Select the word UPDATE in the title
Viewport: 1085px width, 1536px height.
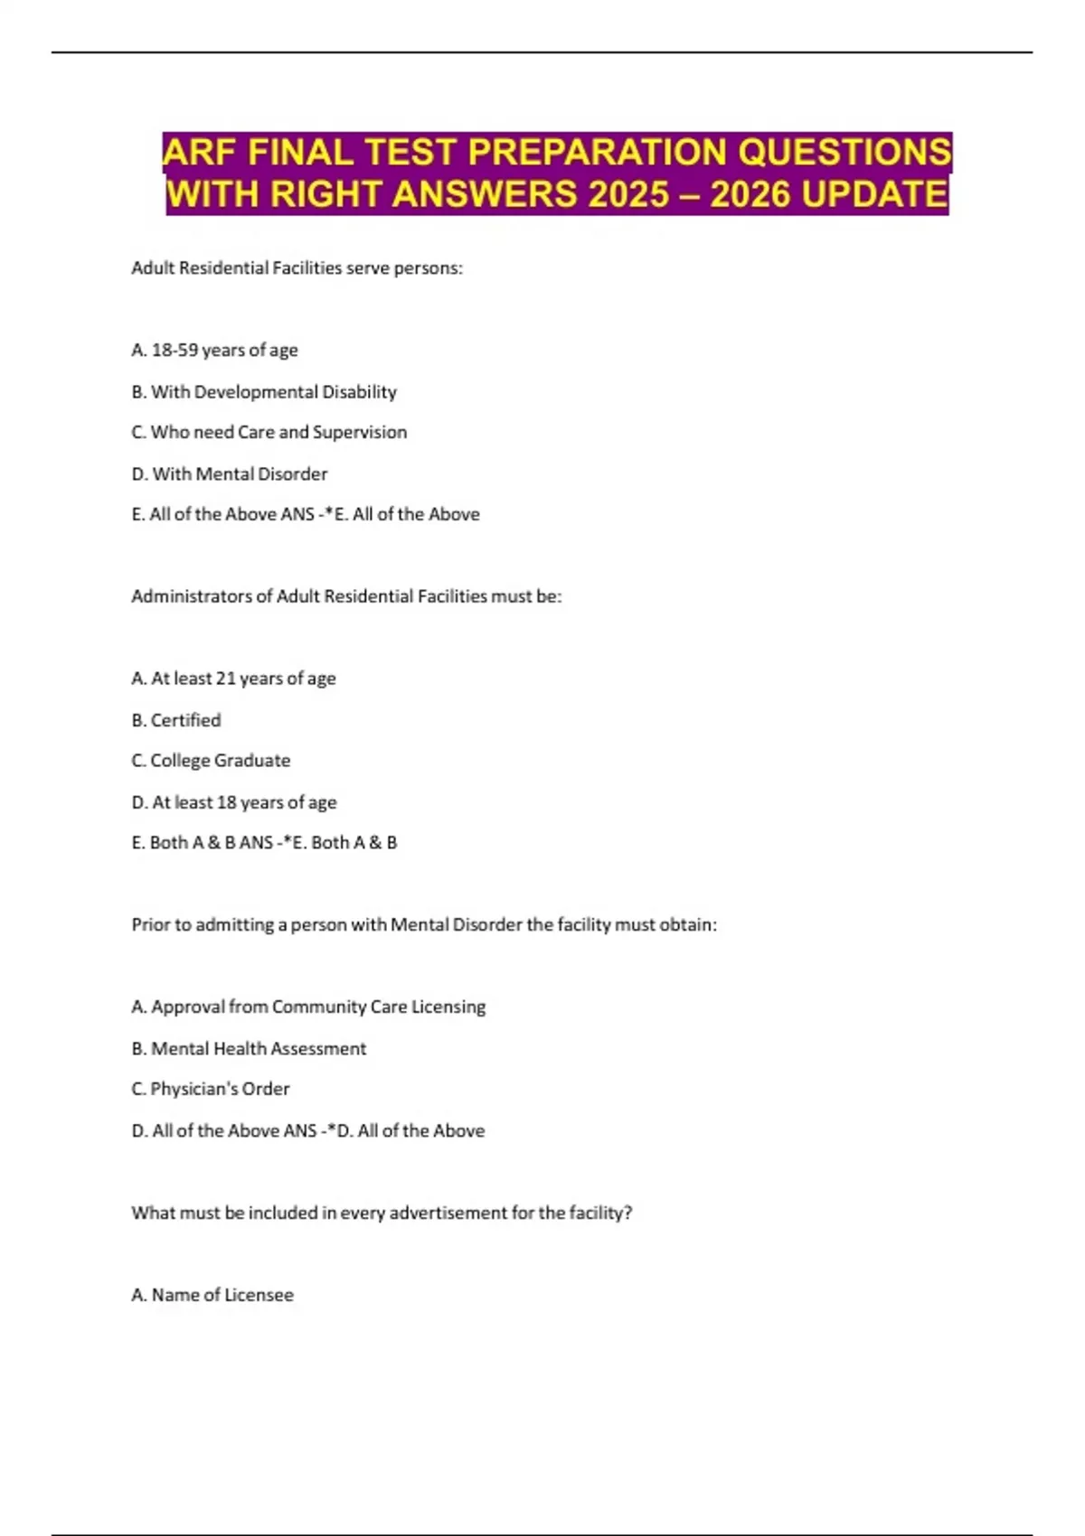(874, 194)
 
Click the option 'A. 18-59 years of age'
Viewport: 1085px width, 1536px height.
(214, 350)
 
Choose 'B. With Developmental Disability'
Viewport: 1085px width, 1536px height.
(264, 391)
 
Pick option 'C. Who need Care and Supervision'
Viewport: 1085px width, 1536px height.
(269, 432)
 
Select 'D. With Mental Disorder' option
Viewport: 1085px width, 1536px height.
(229, 473)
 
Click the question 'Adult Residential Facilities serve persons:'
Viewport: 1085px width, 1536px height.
(297, 267)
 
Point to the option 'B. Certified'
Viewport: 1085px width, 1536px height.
(175, 720)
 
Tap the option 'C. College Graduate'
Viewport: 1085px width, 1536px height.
(211, 761)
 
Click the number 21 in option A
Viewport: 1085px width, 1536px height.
(225, 679)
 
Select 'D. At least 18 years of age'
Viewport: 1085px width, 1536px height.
(233, 802)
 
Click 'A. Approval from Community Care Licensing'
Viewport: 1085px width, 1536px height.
(308, 1007)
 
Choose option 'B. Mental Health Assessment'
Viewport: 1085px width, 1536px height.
(249, 1048)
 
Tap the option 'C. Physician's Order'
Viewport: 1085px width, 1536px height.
(210, 1089)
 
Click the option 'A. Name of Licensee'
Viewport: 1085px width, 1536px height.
(212, 1295)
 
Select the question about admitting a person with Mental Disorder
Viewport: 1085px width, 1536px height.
(424, 924)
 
